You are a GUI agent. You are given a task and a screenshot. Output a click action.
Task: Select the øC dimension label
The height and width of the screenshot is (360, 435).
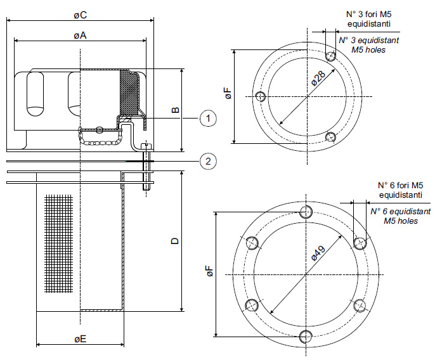[80, 13]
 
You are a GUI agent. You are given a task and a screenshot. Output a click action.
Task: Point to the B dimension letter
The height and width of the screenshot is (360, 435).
[176, 110]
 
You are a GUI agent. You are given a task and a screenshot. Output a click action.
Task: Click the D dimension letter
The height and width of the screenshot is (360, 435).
[176, 241]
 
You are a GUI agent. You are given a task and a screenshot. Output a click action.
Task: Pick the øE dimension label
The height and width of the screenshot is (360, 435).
[80, 340]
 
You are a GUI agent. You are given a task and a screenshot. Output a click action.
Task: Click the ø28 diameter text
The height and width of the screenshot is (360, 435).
[318, 79]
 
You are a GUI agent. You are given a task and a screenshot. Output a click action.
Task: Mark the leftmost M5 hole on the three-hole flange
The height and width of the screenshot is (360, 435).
[260, 97]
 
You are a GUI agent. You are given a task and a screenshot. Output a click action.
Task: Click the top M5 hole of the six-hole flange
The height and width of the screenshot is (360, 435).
[306, 211]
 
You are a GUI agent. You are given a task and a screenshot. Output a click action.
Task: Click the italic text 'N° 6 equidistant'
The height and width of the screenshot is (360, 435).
[400, 211]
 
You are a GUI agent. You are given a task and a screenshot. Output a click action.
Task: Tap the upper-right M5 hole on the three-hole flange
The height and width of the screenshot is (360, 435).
[330, 56]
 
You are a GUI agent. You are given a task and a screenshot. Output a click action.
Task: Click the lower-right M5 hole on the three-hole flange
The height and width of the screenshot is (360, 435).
[330, 137]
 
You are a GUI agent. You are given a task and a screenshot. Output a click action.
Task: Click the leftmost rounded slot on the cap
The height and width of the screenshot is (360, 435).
[34, 93]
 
